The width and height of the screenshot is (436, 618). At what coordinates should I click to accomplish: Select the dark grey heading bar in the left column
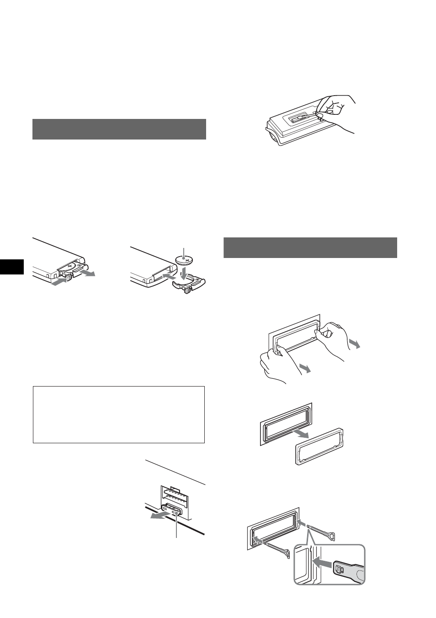[119, 129]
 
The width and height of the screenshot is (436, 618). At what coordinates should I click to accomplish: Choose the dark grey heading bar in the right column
[310, 247]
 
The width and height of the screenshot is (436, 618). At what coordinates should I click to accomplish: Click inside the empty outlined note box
[118, 414]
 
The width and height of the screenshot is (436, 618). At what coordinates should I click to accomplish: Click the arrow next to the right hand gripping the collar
[354, 344]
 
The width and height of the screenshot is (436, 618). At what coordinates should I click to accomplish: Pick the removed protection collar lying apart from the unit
[320, 446]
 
